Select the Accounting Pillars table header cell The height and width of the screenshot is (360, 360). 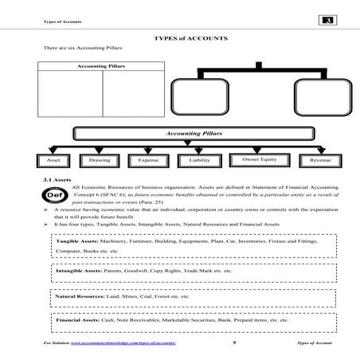tap(100, 65)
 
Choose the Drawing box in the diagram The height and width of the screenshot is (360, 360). tap(100, 160)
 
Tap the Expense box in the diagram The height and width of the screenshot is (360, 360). tap(147, 160)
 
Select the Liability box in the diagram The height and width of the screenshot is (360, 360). tap(198, 160)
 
